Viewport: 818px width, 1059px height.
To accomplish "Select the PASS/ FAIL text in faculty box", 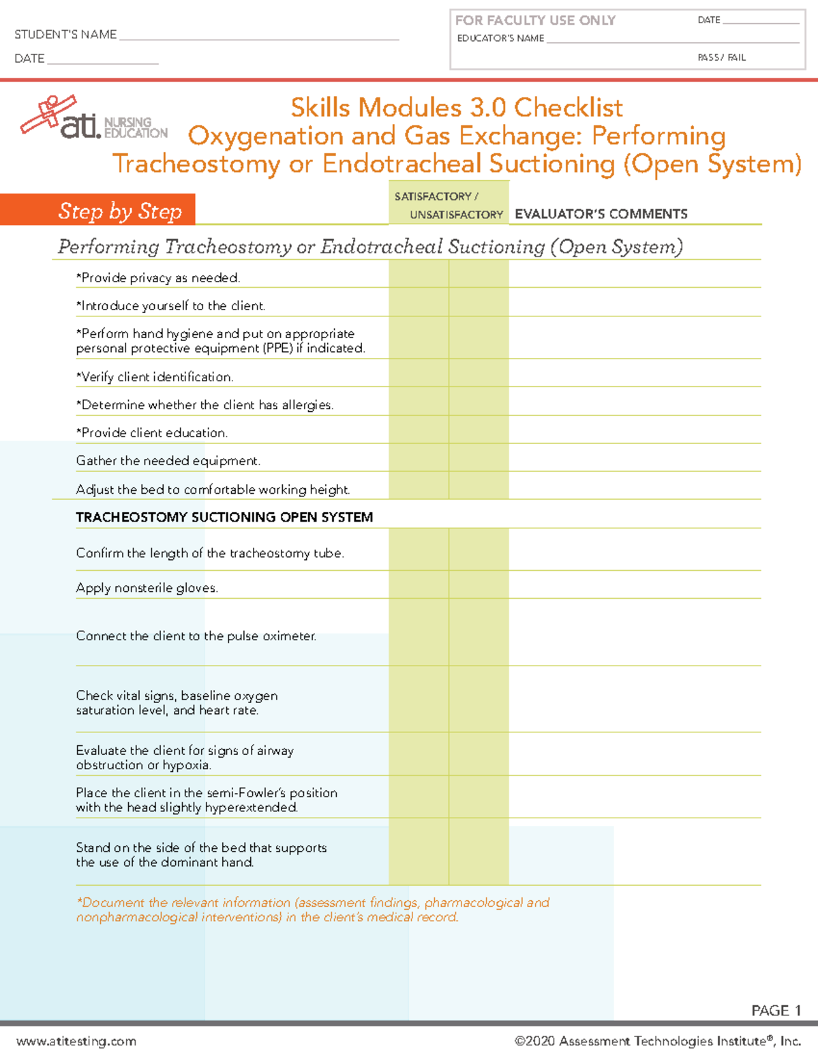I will pos(721,57).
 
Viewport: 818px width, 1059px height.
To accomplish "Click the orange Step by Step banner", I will pos(98,210).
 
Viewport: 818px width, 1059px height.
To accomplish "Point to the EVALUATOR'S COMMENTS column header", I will pos(601,214).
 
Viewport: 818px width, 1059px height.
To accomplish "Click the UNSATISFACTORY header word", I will pos(456,215).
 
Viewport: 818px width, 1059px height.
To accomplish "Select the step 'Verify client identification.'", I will pos(155,377).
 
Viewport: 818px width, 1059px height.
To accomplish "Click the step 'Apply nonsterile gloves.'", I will pos(147,588).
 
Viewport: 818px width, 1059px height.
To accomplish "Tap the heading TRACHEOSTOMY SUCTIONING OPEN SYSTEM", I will pos(224,517).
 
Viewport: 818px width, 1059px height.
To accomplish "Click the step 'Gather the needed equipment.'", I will pos(168,461).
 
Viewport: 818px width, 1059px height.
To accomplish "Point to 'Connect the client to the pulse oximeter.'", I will pos(196,636).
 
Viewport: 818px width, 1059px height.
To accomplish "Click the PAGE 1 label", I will pos(775,1011).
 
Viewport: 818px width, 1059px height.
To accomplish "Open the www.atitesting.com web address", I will pos(76,1041).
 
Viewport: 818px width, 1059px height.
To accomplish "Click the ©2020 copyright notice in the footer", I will pos(657,1041).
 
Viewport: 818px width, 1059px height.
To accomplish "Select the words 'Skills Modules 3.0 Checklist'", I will pos(456,108).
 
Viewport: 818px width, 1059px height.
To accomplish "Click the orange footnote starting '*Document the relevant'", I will pos(312,910).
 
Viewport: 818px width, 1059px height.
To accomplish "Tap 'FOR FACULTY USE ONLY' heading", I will pos(535,20).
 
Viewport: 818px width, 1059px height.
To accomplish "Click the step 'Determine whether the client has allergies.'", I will pos(204,405).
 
